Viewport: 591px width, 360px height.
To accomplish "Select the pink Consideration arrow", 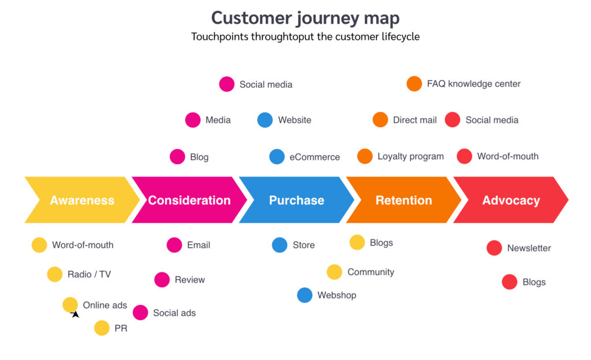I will tap(189, 200).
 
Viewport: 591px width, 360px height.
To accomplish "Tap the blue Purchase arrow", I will tap(296, 200).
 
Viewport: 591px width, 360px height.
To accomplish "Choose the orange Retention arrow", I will tap(403, 200).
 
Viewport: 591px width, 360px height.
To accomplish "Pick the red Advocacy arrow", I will tap(511, 200).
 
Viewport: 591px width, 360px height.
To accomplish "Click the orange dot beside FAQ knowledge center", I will tap(414, 84).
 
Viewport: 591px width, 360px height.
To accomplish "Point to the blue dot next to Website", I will tap(265, 120).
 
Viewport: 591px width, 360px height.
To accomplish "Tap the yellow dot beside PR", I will tap(102, 328).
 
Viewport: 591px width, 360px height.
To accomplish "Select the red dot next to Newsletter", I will tap(494, 248).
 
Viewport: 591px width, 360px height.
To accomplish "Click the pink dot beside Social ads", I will tap(140, 313).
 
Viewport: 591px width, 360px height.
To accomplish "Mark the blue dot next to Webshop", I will tap(305, 295).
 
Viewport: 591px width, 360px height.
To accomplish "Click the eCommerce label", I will tap(315, 157).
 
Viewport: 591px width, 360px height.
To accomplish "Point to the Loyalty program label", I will tap(410, 156).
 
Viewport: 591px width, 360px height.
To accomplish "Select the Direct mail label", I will tap(414, 120).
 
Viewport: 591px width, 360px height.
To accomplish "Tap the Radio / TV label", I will tap(89, 275).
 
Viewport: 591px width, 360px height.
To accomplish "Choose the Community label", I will tap(371, 272).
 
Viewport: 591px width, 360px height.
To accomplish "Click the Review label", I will tap(190, 280).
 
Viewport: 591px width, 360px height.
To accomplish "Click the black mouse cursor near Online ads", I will tap(75, 314).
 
